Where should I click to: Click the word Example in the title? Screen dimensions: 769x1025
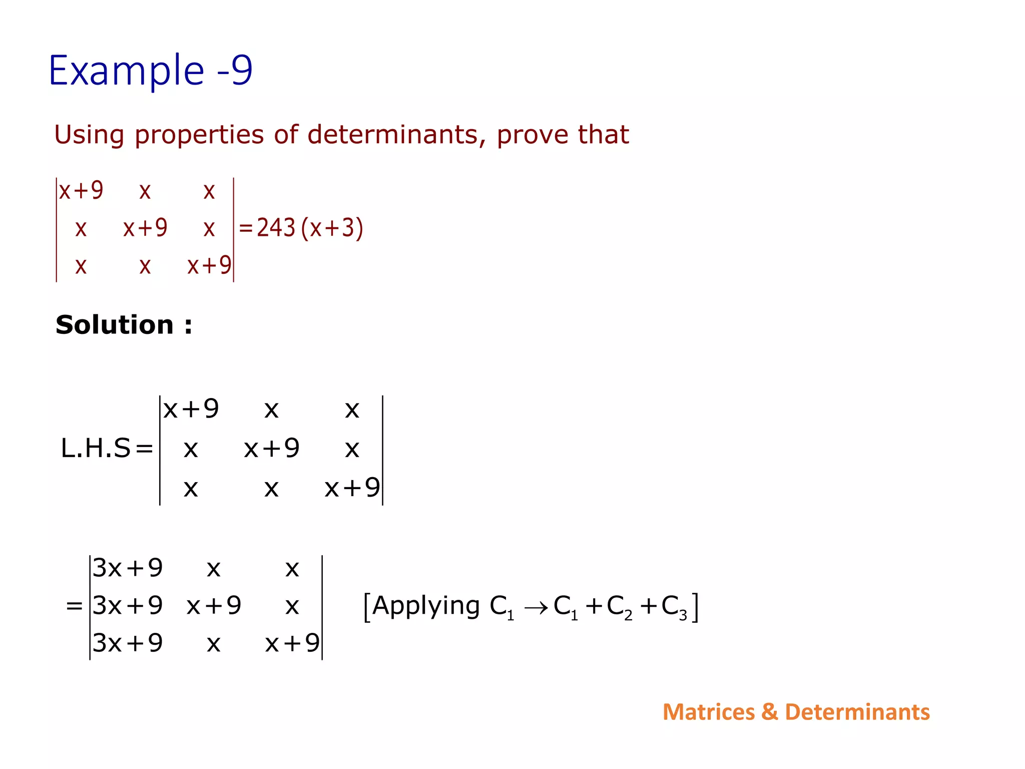[127, 71]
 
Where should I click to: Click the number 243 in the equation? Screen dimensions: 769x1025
[276, 228]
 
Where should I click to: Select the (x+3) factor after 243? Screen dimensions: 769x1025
[332, 228]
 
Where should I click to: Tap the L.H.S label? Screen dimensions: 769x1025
[96, 448]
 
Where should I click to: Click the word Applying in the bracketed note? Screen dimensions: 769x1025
[426, 606]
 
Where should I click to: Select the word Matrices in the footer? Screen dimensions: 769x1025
[708, 712]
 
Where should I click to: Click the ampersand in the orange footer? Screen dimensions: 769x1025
[769, 712]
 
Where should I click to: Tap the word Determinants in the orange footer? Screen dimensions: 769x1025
[857, 712]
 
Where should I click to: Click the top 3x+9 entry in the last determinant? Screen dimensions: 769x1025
[128, 568]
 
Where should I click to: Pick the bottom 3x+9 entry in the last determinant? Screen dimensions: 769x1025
[128, 643]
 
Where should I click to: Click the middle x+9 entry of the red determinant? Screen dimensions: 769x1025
[145, 228]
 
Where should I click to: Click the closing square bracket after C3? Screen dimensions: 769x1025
[695, 607]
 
